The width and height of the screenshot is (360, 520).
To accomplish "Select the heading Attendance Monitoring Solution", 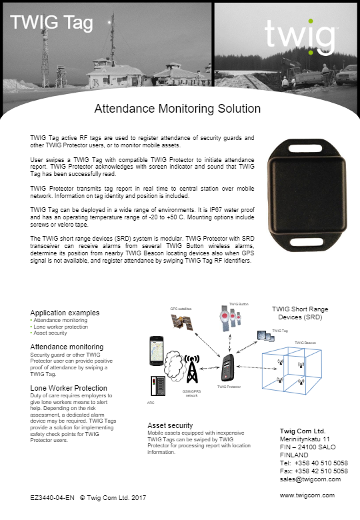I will click(x=177, y=108).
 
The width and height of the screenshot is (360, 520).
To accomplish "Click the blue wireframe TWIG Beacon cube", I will click(x=291, y=373).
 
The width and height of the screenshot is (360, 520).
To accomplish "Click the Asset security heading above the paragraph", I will click(x=170, y=425).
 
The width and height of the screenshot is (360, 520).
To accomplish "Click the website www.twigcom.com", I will click(x=307, y=496).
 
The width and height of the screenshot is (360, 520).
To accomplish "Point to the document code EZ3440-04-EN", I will click(x=53, y=497).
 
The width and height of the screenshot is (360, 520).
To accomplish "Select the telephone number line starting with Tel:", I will click(x=313, y=463).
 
